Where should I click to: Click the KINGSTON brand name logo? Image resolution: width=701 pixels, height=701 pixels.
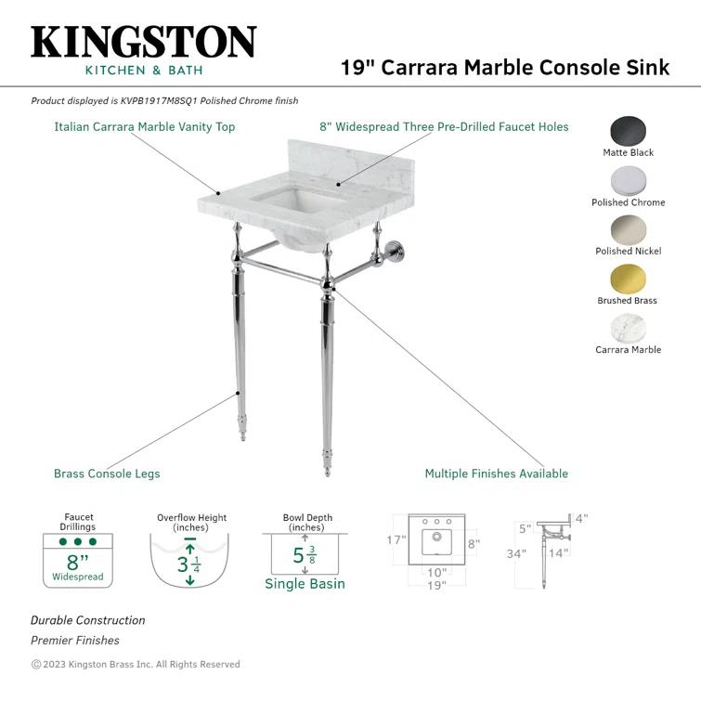(143, 43)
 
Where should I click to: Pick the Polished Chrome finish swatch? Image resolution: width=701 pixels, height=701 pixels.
(629, 180)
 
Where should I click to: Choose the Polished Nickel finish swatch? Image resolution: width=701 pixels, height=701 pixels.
(629, 229)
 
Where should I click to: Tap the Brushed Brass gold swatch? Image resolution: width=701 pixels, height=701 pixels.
(629, 279)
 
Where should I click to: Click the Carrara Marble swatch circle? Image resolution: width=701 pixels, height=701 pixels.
(629, 328)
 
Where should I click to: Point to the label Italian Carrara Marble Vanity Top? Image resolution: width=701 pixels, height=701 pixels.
(144, 127)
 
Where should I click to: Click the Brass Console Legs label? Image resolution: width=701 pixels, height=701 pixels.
(107, 474)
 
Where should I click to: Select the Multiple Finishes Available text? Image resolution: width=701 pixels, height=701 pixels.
(496, 474)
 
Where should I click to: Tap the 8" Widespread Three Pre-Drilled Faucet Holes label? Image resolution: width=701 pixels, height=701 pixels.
(444, 127)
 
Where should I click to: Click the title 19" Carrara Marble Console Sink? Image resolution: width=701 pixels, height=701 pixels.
(504, 68)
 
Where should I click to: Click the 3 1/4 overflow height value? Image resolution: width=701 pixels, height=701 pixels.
(189, 563)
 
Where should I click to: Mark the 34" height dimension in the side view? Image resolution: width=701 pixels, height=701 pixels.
(517, 554)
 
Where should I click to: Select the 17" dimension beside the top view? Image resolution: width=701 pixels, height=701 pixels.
(396, 539)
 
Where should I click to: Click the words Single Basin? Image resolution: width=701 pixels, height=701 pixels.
(305, 584)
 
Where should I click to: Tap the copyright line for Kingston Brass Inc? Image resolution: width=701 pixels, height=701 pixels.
(136, 664)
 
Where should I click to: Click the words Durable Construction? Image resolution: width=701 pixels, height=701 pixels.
(88, 620)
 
